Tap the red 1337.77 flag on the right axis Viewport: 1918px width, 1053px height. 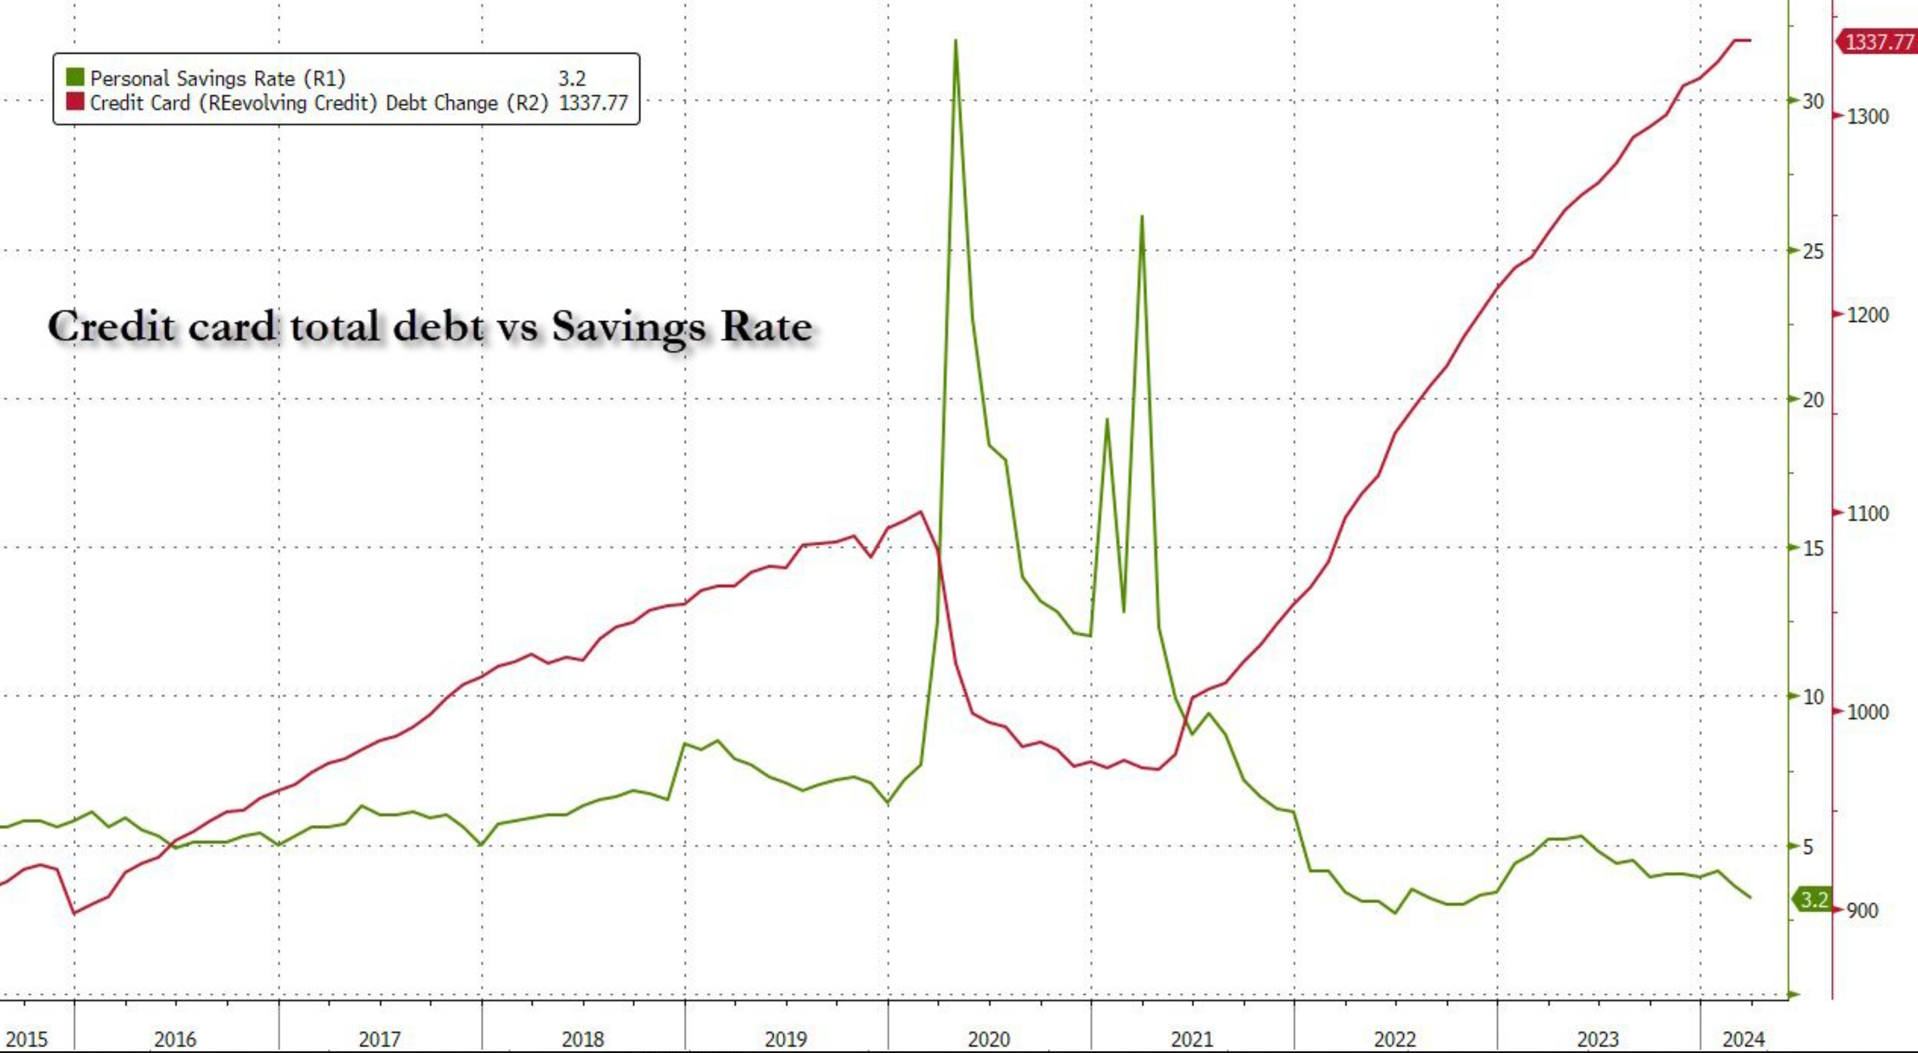pos(1878,40)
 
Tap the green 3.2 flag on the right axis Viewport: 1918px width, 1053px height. pos(1814,900)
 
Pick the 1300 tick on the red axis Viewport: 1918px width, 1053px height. pos(1867,116)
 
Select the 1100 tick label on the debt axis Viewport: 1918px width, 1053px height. pos(1867,513)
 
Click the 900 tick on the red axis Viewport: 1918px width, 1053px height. pos(1862,910)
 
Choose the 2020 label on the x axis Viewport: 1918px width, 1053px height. pos(989,1038)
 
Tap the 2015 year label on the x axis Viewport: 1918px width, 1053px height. pos(26,1038)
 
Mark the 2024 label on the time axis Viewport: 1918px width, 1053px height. pos(1744,1038)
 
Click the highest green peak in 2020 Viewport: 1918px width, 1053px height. pos(956,40)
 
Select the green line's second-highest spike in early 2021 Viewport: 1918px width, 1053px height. pos(1141,216)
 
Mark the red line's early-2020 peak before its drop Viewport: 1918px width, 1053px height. pos(922,512)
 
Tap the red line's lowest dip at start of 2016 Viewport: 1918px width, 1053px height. pos(74,913)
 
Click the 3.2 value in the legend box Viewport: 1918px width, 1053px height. pos(572,78)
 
